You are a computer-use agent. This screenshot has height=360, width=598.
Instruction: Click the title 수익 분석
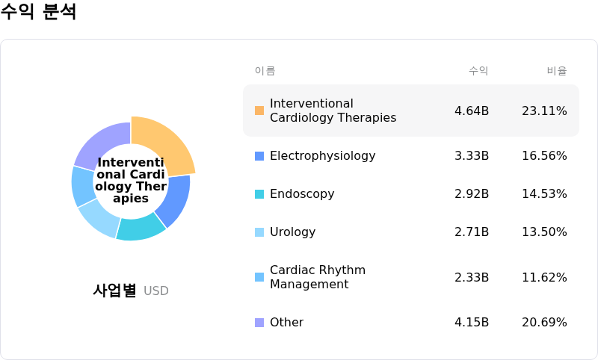click(39, 12)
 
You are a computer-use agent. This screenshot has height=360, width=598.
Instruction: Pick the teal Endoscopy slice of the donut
click(140, 227)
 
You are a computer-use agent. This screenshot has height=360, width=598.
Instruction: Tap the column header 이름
click(265, 71)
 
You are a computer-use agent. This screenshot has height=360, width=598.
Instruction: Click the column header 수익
click(478, 71)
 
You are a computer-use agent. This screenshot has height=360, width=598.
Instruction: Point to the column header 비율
click(556, 71)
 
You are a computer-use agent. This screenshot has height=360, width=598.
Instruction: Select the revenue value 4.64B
click(472, 111)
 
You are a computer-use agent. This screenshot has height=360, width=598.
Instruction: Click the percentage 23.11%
click(544, 111)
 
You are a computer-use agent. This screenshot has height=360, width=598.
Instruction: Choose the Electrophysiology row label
click(322, 156)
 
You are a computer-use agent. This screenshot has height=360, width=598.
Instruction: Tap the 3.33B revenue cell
click(472, 156)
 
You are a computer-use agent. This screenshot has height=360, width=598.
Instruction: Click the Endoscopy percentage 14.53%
click(544, 194)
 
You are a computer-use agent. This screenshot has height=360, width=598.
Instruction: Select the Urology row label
click(292, 232)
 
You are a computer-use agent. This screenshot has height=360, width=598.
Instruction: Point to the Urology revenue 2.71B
click(472, 232)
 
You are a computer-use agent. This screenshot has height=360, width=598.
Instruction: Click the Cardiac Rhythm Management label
click(317, 277)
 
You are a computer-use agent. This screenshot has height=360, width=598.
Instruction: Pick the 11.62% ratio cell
click(544, 277)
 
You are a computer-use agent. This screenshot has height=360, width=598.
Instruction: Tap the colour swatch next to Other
click(259, 323)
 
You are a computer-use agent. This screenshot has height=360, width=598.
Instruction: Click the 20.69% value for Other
click(544, 323)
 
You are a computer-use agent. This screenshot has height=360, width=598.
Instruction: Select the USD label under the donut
click(156, 291)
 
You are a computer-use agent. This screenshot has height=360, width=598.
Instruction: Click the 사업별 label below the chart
click(114, 291)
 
